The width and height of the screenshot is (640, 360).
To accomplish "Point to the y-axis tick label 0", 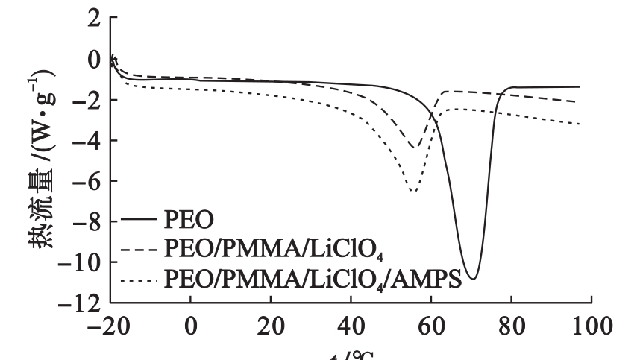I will pyautogui.click(x=92, y=59).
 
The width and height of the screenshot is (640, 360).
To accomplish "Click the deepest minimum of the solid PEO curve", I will pyautogui.click(x=471, y=279).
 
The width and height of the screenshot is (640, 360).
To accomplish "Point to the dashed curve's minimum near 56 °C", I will pyautogui.click(x=415, y=148).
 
